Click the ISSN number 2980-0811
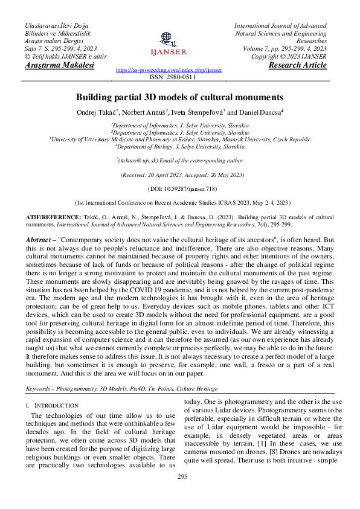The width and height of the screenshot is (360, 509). [x=180, y=77]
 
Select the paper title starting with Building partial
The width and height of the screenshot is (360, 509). [x=179, y=97]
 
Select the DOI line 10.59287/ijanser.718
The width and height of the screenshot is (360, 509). [x=179, y=188]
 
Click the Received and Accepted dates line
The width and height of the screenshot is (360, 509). [x=179, y=174]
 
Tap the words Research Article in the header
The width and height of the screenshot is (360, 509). [x=298, y=65]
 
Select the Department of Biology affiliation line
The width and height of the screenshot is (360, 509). [x=179, y=146]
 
